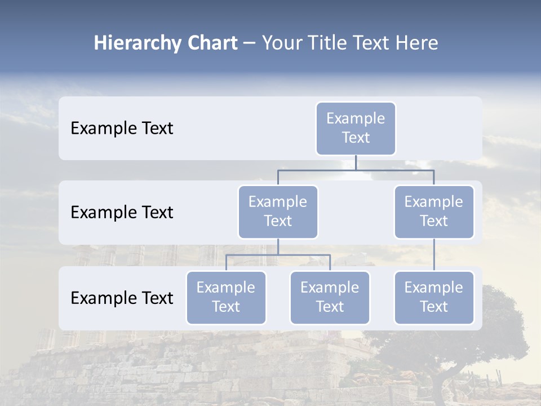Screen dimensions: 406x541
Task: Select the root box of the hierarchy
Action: (x=356, y=128)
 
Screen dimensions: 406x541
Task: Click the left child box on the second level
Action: (x=278, y=211)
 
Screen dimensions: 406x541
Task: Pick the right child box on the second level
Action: (x=434, y=211)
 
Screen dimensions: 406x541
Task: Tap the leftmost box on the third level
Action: (x=226, y=297)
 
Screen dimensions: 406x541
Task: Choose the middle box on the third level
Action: (x=330, y=297)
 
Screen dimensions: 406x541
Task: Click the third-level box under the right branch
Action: (x=434, y=297)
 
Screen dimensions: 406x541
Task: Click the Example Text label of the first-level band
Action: (x=122, y=129)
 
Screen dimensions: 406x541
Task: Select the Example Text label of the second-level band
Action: (x=122, y=213)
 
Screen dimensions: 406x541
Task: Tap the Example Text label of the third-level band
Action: (x=122, y=298)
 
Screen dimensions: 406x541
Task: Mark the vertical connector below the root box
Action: (x=356, y=162)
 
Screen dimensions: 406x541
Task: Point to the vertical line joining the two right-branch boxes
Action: (x=434, y=255)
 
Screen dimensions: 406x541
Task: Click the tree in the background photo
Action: (x=473, y=338)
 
